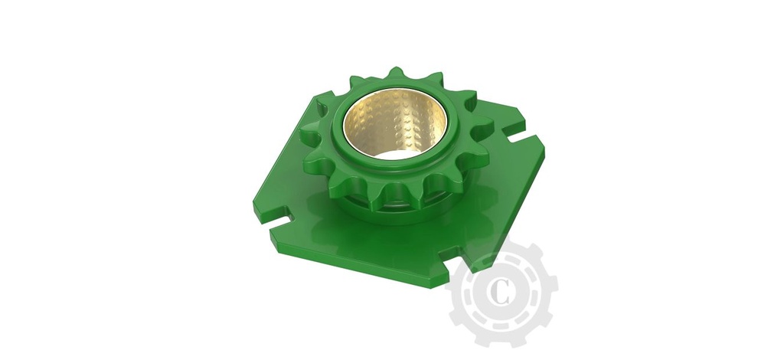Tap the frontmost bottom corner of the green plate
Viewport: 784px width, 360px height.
tap(440, 284)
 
